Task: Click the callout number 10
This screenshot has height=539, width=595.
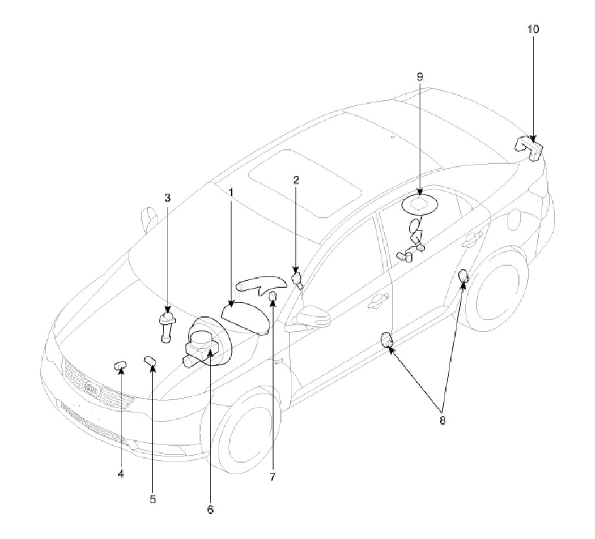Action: point(533,29)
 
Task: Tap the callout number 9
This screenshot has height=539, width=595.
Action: point(420,76)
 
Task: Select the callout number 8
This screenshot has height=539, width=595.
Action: point(443,420)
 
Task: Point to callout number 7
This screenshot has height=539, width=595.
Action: point(273,477)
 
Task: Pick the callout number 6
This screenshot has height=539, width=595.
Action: point(210,509)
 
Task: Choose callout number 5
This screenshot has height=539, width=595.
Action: point(152,499)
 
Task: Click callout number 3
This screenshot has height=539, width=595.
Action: point(167,198)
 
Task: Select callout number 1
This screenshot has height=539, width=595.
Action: point(231,192)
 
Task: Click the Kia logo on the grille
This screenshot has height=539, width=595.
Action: point(91,388)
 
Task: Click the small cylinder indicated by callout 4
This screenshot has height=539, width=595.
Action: point(120,366)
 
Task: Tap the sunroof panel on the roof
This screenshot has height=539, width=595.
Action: point(304,183)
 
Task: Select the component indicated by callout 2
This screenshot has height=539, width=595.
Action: point(297,281)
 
